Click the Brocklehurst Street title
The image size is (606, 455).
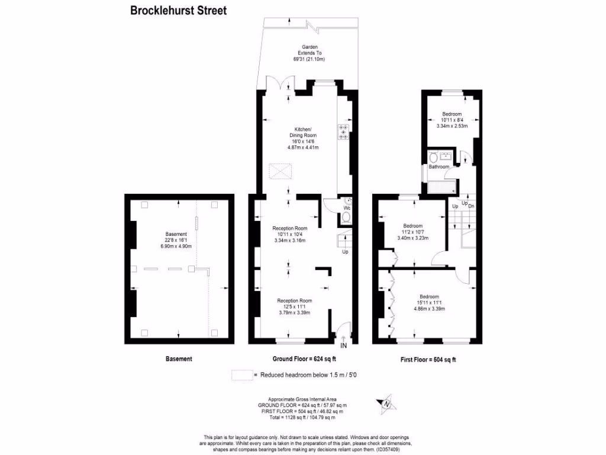point(178,10)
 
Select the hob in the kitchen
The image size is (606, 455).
point(344,131)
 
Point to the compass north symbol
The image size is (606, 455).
point(388,403)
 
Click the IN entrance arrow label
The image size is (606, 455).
point(344,345)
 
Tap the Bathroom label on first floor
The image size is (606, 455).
point(439,167)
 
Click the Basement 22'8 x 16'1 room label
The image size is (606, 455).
point(176,240)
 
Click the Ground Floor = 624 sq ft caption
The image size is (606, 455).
point(304,359)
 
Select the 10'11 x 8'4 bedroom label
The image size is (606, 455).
point(452,120)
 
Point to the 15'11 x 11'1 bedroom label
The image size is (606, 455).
point(429,302)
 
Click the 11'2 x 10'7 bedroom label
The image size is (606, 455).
point(412,232)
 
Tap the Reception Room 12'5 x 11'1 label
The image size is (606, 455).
point(295,306)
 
